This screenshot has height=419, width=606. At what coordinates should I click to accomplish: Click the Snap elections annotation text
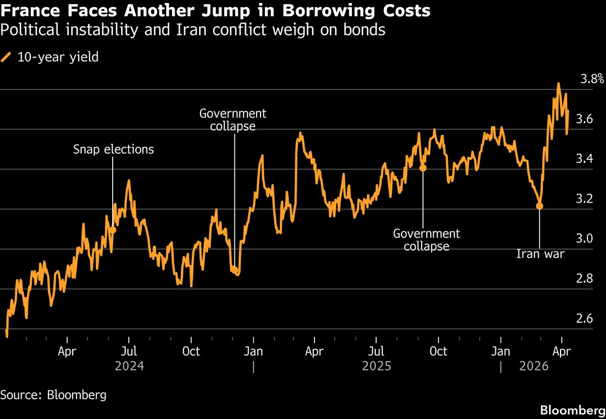pos(113,149)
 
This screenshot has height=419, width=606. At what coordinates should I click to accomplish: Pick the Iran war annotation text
pos(540,254)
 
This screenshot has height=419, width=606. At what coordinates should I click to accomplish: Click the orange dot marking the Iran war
pos(539,206)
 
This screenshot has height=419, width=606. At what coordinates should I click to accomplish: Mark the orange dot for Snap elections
pos(113,230)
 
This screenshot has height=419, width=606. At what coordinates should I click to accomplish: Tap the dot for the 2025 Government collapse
pos(423,168)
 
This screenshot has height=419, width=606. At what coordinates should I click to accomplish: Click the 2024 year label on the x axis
pos(129,366)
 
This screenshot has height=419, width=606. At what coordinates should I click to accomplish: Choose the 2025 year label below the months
pos(376,366)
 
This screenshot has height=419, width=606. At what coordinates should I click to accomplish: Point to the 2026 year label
pos(533,366)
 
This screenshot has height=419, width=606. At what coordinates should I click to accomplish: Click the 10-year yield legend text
pos(58,57)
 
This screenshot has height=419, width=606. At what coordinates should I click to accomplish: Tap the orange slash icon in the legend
pos(7,57)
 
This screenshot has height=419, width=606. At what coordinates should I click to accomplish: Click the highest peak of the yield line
pos(558,84)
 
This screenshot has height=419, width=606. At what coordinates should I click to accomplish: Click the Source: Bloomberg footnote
pos(53,394)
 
